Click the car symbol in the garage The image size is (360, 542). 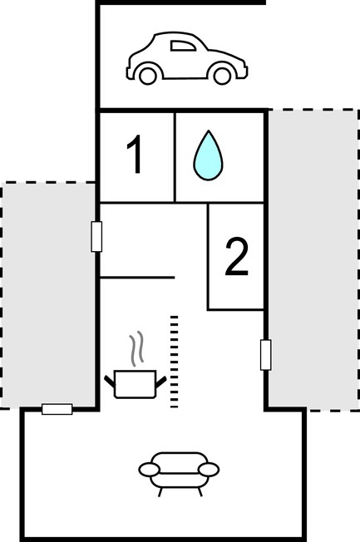click(x=187, y=58)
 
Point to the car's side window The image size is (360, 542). click(x=183, y=46)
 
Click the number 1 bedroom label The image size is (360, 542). click(x=136, y=154)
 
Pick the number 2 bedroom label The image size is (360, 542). click(x=237, y=257)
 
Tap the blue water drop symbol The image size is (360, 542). click(x=208, y=155)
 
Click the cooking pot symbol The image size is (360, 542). click(x=136, y=384)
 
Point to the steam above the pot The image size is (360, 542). click(x=136, y=348)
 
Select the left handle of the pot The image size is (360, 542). click(x=110, y=382)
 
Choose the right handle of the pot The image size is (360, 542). click(x=160, y=382)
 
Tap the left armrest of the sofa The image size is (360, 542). click(x=150, y=470)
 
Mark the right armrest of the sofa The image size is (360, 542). click(x=209, y=470)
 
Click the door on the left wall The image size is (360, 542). click(x=96, y=237)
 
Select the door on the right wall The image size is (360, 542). click(x=265, y=355)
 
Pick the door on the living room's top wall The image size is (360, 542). click(x=57, y=409)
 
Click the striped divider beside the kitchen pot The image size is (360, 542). click(x=175, y=362)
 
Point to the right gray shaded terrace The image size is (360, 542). click(x=313, y=260)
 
